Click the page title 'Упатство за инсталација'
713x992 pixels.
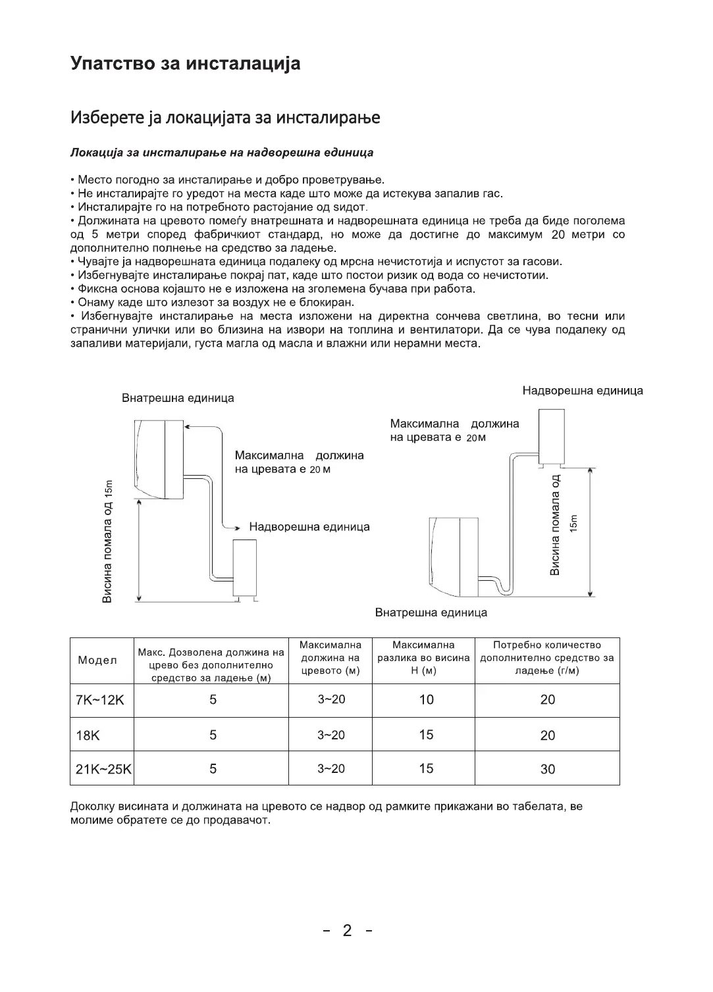(x=185, y=64)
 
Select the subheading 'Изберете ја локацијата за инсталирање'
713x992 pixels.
(x=224, y=118)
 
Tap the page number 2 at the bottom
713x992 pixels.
(x=347, y=930)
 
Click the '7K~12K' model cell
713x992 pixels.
(x=100, y=700)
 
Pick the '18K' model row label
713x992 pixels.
(x=88, y=735)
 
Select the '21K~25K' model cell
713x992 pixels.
(x=103, y=769)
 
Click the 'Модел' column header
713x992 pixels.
(x=97, y=660)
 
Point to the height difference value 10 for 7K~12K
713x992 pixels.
(x=426, y=700)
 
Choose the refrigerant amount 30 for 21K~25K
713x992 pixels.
(x=547, y=769)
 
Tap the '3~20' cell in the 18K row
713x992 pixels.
(x=331, y=735)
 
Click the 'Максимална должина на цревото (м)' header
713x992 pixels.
(x=330, y=658)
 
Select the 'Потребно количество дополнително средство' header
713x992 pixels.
(x=547, y=658)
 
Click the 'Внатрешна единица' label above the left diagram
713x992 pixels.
(x=178, y=398)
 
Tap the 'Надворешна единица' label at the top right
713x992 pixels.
(x=582, y=391)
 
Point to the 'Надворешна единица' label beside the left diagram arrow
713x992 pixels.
(x=309, y=527)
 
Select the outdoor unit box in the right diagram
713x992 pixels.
(x=551, y=435)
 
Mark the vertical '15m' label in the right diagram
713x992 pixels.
(x=573, y=524)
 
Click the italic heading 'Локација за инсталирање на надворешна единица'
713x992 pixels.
(x=221, y=153)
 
